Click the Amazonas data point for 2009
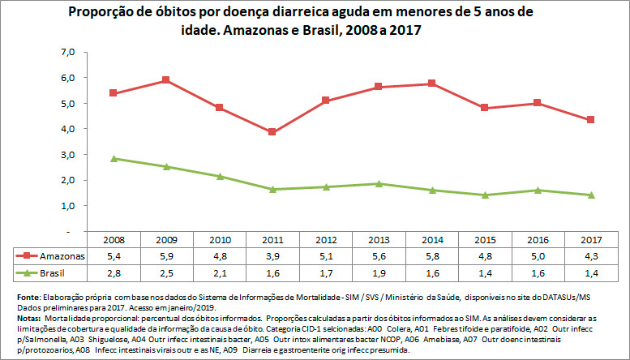[165, 80]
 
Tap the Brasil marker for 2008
[113, 159]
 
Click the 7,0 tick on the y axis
[67, 52]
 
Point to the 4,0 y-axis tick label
[67, 129]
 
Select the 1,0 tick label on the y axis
[67, 206]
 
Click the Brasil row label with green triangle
[50, 270]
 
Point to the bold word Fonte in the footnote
[28, 298]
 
